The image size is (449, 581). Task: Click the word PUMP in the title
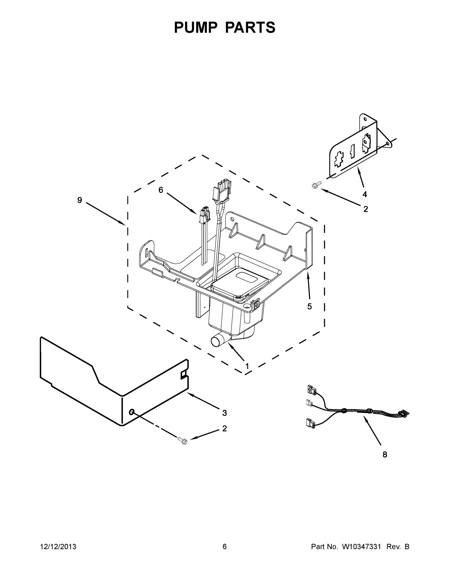coord(196,27)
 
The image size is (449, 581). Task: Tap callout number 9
coord(80,200)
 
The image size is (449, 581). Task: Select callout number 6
coord(161,190)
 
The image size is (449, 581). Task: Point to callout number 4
coord(365,194)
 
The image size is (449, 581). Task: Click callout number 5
coord(310,306)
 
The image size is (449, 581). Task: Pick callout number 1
coord(247,367)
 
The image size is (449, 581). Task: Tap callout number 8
coord(385,455)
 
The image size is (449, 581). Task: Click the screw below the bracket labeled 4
coord(317,185)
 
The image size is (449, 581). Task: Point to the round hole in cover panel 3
coord(131,412)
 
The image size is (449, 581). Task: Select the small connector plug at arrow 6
coord(204,214)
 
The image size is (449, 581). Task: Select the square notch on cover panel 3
coord(184,375)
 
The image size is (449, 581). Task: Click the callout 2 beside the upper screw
coord(366,209)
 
